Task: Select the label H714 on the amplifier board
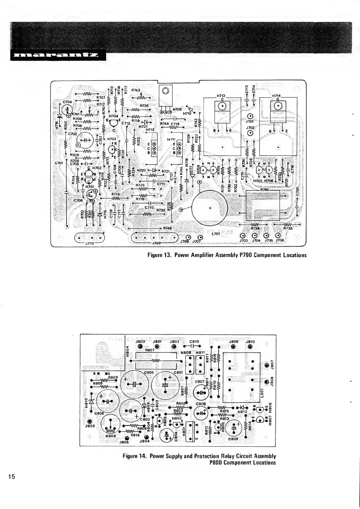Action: (x=276, y=96)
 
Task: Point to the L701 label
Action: (x=216, y=234)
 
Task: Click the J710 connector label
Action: (x=89, y=243)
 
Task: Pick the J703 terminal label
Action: (x=244, y=241)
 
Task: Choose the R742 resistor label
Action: (x=136, y=90)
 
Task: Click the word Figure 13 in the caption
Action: (x=159, y=255)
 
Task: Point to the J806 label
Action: (x=90, y=426)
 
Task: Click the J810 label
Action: (x=250, y=342)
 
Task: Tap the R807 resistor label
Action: (x=150, y=350)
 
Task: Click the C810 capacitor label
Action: (x=194, y=342)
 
